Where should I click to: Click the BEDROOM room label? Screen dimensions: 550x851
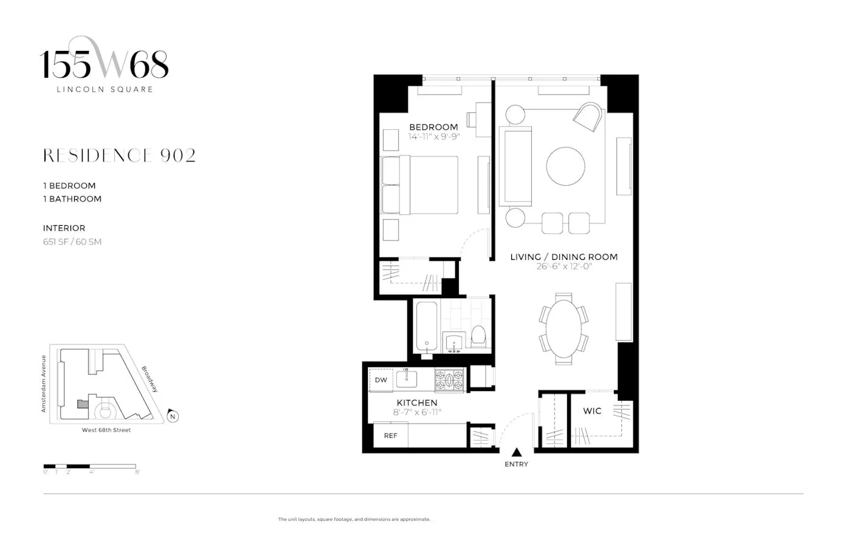[433, 127]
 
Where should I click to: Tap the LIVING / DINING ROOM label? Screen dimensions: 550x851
[563, 257]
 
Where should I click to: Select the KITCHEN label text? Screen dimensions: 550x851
[417, 402]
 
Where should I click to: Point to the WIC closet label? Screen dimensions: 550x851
[592, 411]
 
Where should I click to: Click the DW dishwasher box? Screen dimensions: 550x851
[381, 380]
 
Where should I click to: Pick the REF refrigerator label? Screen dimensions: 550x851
[390, 435]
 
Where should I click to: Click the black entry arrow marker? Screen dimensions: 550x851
[517, 452]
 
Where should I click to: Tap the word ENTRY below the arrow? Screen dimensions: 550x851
[516, 464]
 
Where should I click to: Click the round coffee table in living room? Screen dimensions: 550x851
[565, 166]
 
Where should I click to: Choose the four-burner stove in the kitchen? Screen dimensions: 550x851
[450, 380]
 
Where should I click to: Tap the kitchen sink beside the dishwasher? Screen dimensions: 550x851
[407, 379]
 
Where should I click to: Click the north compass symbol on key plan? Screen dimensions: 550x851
[173, 416]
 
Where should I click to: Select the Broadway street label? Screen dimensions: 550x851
[150, 378]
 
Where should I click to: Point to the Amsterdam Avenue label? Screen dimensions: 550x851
[44, 384]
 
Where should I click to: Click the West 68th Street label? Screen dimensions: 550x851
[106, 430]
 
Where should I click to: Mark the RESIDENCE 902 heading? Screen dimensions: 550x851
[119, 156]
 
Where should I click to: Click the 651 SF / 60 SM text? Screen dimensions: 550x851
[72, 242]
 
